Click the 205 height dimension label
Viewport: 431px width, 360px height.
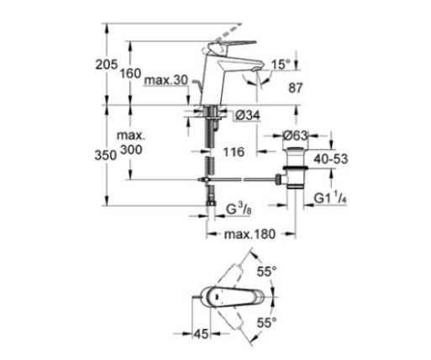point(107,65)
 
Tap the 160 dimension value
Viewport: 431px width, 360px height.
point(130,74)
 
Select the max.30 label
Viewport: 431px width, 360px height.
point(166,81)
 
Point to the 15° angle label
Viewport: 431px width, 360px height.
point(281,65)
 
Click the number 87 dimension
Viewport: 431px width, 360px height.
point(296,88)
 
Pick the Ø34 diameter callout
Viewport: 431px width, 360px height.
point(248,115)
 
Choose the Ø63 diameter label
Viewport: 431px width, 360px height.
point(295,135)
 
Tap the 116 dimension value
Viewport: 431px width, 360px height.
point(234,152)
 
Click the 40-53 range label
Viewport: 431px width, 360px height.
point(331,159)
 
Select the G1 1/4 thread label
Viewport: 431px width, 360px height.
point(330,198)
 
